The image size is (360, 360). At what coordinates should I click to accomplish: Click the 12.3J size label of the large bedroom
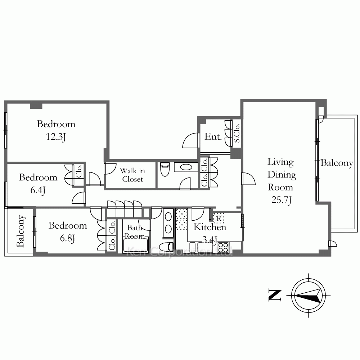coord(56,137)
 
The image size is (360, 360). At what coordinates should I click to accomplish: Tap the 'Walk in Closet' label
coord(132,175)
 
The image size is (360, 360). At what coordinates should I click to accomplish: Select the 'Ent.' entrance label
coord(213,136)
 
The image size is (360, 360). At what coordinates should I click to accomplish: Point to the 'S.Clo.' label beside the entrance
coord(237,133)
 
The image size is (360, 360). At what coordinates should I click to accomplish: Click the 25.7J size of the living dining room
coord(281,200)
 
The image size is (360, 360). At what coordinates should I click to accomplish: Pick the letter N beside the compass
coord(275,295)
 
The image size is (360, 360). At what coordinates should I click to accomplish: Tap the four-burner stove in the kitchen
coord(223,248)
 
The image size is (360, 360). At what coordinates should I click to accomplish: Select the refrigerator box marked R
coord(219,219)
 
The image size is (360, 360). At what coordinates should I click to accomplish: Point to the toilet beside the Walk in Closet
coord(165,169)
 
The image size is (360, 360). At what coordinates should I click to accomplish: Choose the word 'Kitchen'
coord(210,227)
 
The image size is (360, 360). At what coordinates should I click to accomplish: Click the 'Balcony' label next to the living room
coord(337,163)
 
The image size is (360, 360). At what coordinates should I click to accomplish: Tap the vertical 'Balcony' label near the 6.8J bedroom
coord(21,231)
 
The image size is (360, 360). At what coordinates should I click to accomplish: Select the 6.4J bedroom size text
coord(38,190)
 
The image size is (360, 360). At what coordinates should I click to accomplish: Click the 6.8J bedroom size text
coord(67,238)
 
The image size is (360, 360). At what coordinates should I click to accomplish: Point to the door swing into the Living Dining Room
coord(248,179)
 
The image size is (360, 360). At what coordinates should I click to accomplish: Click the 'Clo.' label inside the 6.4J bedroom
coord(79,171)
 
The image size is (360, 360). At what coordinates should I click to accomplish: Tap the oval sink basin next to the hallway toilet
coord(186,167)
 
